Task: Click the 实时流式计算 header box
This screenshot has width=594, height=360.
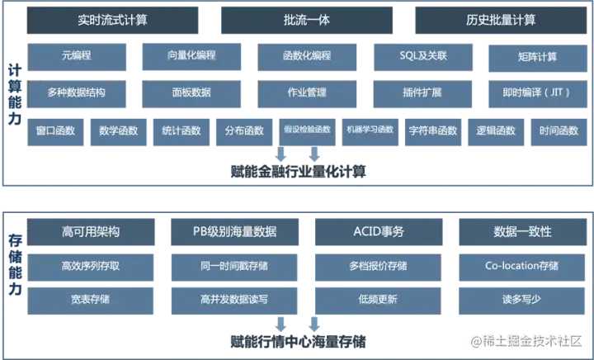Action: click(x=113, y=21)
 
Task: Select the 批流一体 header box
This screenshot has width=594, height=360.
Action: click(x=306, y=21)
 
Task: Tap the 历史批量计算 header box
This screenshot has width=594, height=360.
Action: click(x=499, y=21)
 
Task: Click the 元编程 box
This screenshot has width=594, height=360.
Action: click(x=79, y=56)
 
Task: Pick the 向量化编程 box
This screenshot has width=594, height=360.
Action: click(x=191, y=56)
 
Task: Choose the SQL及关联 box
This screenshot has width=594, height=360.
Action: click(x=423, y=56)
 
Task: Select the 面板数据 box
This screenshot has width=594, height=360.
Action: click(x=191, y=92)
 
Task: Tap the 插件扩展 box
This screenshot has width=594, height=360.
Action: click(x=423, y=92)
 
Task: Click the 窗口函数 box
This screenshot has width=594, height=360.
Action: click(x=56, y=130)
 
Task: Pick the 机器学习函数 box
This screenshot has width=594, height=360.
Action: click(x=370, y=130)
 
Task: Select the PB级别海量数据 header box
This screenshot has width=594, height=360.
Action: click(x=234, y=232)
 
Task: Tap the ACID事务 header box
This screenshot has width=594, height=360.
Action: click(x=378, y=232)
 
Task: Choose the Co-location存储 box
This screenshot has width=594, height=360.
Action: click(x=521, y=267)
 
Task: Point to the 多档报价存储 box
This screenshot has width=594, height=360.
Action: click(x=378, y=267)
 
